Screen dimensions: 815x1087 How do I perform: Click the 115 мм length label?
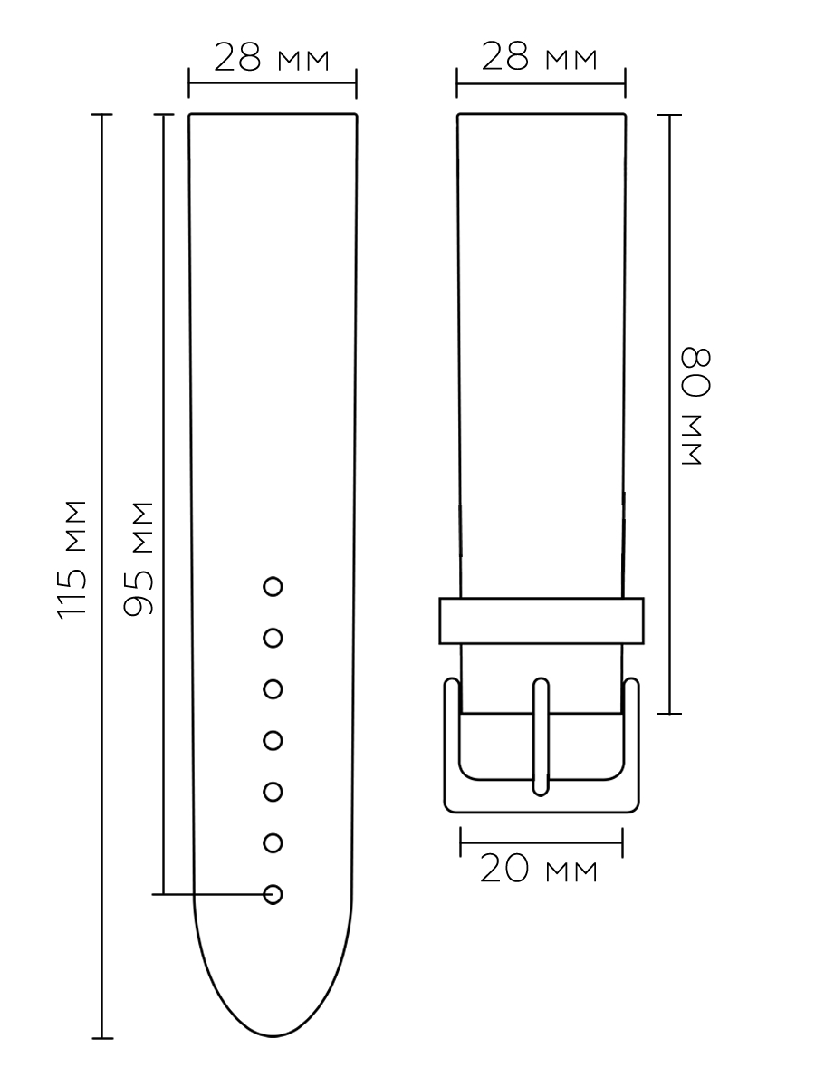(x=72, y=560)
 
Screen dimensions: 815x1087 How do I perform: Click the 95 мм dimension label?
(x=139, y=559)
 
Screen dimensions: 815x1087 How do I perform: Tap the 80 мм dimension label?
(x=696, y=406)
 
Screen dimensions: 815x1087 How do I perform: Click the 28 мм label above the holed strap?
(x=271, y=57)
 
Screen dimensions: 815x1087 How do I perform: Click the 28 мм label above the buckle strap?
(x=540, y=56)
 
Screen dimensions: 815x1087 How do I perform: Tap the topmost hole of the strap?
(x=273, y=587)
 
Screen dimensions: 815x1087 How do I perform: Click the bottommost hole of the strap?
(x=273, y=894)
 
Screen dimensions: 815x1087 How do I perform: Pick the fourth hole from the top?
(x=273, y=741)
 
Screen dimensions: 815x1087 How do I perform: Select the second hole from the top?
(x=273, y=639)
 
